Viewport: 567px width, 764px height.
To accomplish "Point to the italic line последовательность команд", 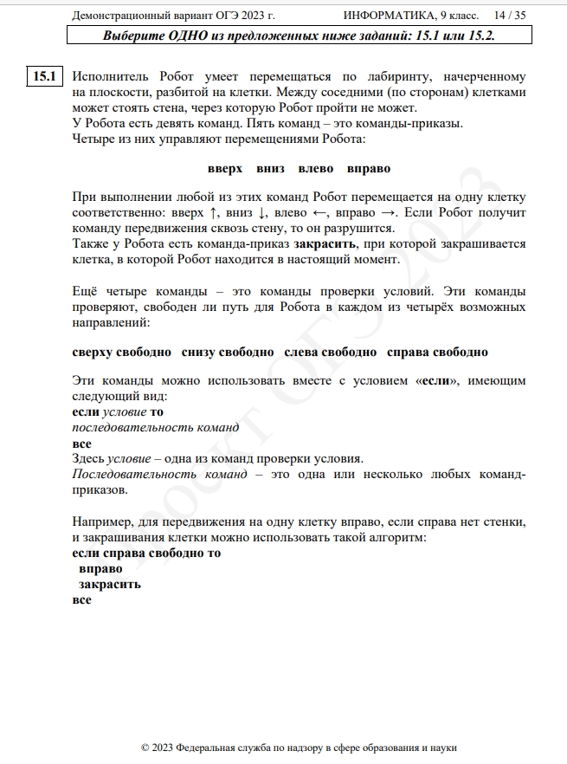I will pos(156,427).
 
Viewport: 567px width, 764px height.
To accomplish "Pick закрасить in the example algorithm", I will pos(110,584).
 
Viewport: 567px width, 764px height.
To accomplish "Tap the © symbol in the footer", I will pos(145,748).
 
